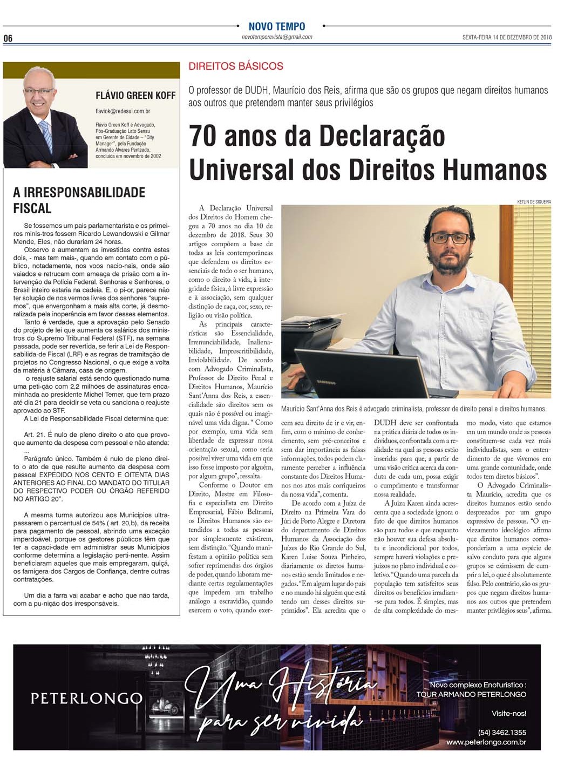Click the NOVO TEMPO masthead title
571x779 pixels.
[x=276, y=26]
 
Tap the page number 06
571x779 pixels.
[x=8, y=38]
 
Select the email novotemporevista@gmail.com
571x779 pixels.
[x=277, y=37]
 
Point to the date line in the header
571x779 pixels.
[x=506, y=38]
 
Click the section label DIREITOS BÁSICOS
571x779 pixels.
[x=236, y=66]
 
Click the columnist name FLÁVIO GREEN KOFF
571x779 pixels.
[x=135, y=96]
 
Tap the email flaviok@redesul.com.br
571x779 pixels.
[x=123, y=111]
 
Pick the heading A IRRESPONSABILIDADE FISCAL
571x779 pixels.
[x=79, y=200]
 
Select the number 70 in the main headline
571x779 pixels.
[x=203, y=136]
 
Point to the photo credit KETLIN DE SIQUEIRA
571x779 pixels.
[x=534, y=201]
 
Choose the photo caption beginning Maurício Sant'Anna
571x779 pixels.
[x=413, y=409]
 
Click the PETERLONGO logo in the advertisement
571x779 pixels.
[x=86, y=699]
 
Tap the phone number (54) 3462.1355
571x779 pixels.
[x=502, y=733]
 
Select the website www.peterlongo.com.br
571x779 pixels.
[x=486, y=742]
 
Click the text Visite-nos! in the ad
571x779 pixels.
[x=508, y=713]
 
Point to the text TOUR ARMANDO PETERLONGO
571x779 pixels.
[x=471, y=694]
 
